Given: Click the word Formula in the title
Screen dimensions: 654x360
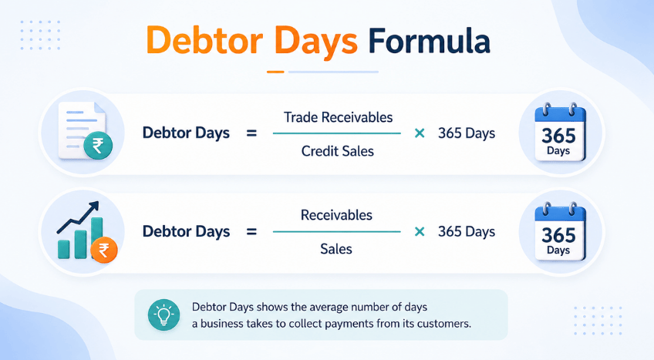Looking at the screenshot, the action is [x=429, y=41].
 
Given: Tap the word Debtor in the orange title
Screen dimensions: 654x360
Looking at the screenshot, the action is [x=204, y=41].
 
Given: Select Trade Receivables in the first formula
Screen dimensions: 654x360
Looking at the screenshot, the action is [x=339, y=117].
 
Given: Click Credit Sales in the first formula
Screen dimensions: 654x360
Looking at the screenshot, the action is [x=338, y=151].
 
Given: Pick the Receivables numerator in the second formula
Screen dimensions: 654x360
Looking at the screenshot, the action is [x=336, y=215].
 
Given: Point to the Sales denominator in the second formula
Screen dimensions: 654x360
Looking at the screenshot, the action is [x=336, y=249].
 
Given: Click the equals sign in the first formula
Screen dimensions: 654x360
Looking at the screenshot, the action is [x=251, y=133].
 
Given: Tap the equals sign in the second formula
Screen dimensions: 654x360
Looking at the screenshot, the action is [x=251, y=232].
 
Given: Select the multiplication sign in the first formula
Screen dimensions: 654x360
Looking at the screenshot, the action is [x=420, y=133].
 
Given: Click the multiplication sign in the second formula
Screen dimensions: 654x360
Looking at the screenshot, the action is [x=420, y=232].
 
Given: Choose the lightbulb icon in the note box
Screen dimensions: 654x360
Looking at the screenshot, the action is [x=164, y=315].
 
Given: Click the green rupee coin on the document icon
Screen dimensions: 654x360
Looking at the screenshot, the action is [x=98, y=146].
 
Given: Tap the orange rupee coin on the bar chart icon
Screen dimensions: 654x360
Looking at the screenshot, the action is [x=104, y=250].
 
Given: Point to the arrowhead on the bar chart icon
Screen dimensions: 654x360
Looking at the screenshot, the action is [x=95, y=207].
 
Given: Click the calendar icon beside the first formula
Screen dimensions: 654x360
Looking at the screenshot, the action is [x=561, y=133].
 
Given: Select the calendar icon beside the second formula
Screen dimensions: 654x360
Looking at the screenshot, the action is [x=561, y=232].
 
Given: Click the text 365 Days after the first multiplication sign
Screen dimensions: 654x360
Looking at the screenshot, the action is [x=467, y=133].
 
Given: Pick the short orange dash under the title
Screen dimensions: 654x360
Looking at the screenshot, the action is [x=275, y=72].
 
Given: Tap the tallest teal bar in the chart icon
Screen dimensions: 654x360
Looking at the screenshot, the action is [x=96, y=237].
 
